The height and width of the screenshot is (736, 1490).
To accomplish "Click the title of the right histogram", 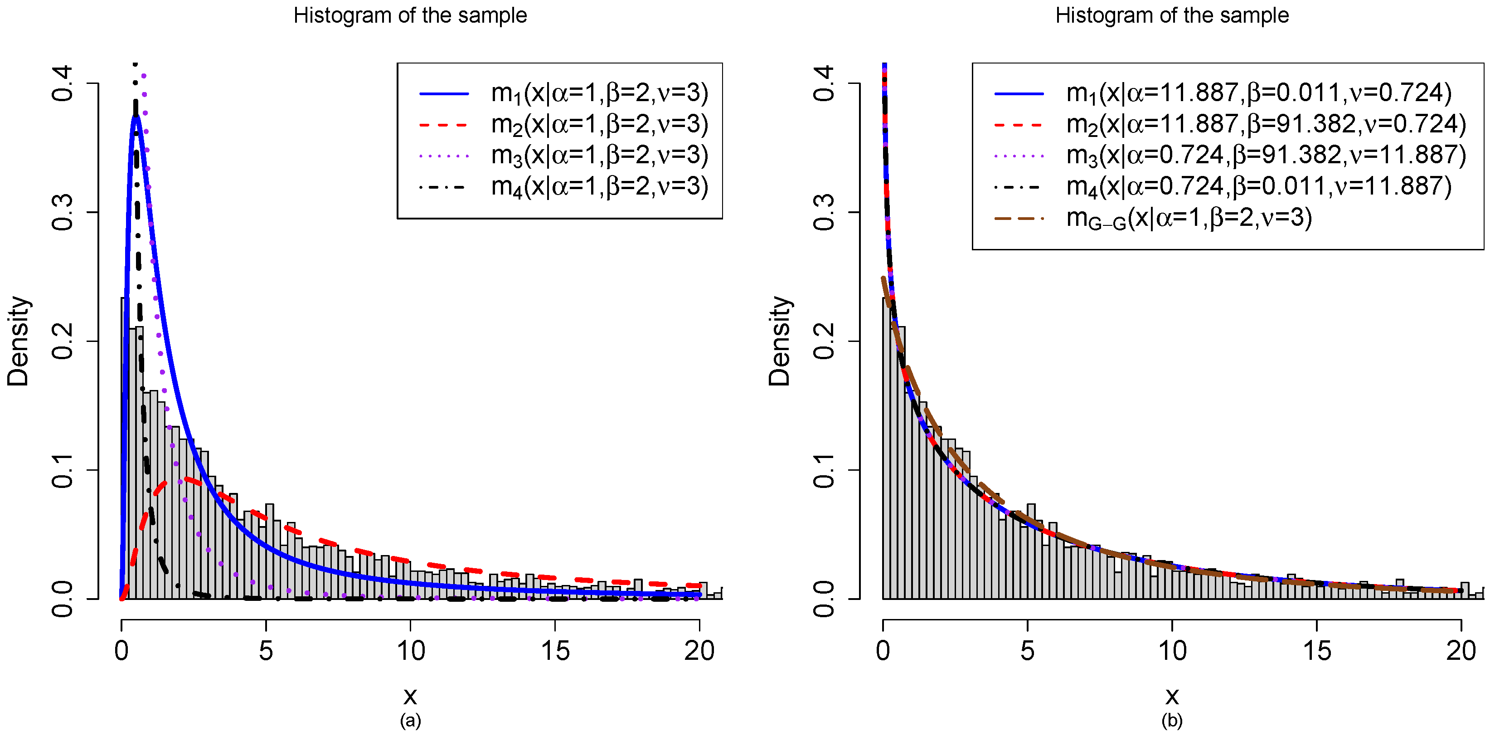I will (x=1171, y=15).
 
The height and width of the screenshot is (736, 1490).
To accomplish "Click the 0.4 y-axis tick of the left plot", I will (x=62, y=84).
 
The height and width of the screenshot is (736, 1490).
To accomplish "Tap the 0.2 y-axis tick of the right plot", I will (x=824, y=341).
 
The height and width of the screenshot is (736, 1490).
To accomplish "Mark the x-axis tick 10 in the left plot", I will (x=411, y=651).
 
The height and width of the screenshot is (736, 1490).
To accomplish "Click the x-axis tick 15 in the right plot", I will (x=1317, y=651).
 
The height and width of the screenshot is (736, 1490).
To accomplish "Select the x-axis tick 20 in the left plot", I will (x=699, y=651).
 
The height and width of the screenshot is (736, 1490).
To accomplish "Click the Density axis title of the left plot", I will (x=19, y=341).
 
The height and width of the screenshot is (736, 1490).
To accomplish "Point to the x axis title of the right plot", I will (x=1172, y=696).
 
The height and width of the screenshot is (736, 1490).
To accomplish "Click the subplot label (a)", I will (x=410, y=721).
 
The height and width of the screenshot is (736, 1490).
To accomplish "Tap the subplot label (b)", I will (x=1172, y=721).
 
